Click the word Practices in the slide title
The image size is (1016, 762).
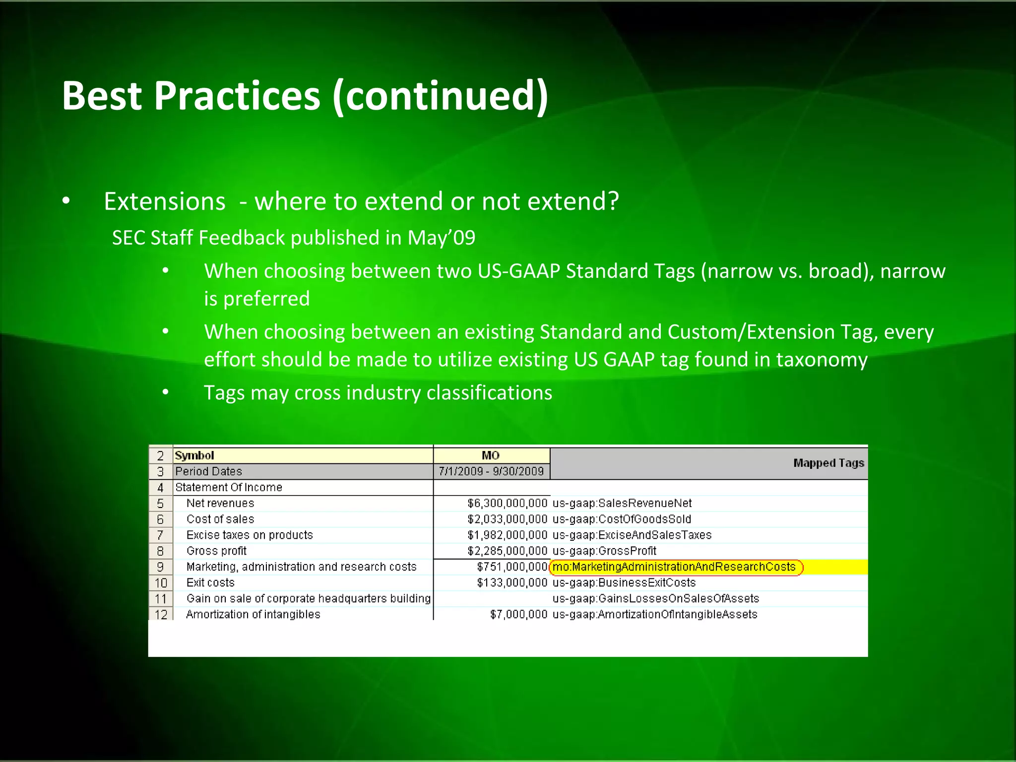[237, 96]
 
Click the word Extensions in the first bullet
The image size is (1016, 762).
[164, 201]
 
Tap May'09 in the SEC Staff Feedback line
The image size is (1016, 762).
[441, 238]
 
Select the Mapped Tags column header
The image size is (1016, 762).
[828, 463]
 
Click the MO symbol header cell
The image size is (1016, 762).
[491, 455]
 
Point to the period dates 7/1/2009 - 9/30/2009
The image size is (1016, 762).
[491, 471]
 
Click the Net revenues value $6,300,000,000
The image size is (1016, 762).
[507, 503]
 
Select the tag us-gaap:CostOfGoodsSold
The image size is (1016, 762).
[622, 519]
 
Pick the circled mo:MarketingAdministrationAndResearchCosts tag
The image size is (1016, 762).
[674, 567]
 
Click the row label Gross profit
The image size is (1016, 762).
[216, 551]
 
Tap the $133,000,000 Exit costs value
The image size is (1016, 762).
[511, 582]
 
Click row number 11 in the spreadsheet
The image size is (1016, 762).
[161, 599]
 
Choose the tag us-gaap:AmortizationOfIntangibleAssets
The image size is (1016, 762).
[655, 614]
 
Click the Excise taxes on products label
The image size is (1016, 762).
[250, 535]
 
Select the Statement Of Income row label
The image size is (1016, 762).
[229, 487]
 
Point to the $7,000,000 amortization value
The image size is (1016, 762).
[518, 614]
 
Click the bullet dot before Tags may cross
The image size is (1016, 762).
[166, 392]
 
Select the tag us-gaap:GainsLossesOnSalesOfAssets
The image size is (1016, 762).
[655, 598]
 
